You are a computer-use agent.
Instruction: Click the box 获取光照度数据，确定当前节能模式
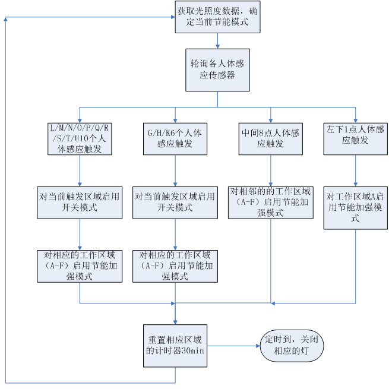pyautogui.click(x=217, y=17)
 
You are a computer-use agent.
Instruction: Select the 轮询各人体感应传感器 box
pyautogui.click(x=217, y=70)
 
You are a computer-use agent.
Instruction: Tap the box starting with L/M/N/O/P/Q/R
pyautogui.click(x=80, y=139)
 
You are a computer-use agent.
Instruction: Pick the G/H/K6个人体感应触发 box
pyautogui.click(x=175, y=139)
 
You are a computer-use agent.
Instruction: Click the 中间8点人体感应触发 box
pyautogui.click(x=271, y=139)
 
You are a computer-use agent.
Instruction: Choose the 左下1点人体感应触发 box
pyautogui.click(x=356, y=139)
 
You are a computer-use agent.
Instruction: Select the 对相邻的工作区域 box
pyautogui.click(x=271, y=203)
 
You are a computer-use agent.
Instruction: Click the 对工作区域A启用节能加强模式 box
pyautogui.click(x=356, y=208)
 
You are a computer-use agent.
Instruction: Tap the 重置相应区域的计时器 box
pyautogui.click(x=175, y=346)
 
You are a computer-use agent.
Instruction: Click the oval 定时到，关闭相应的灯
pyautogui.click(x=292, y=346)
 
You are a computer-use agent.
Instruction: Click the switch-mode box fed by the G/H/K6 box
pyautogui.click(x=175, y=203)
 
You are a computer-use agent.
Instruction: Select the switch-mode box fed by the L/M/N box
pyautogui.click(x=80, y=203)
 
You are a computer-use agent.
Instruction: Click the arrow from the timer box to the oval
pyautogui.click(x=233, y=346)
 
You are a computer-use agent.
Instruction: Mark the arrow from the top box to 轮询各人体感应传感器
pyautogui.click(x=217, y=41)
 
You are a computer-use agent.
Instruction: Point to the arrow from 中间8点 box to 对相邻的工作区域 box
pyautogui.click(x=271, y=171)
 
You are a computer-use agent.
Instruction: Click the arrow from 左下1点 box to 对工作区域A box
pyautogui.click(x=356, y=171)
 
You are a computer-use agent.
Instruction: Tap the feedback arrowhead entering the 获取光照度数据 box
pyautogui.click(x=173, y=17)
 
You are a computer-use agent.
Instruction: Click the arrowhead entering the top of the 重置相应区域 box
pyautogui.click(x=175, y=322)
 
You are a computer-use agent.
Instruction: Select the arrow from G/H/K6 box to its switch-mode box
pyautogui.click(x=175, y=171)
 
